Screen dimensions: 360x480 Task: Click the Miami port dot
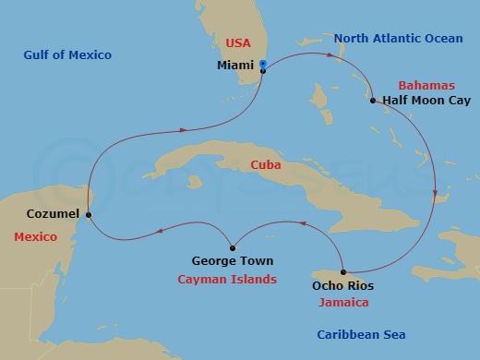tap(263, 71)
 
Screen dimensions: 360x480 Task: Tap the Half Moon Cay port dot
tap(373, 101)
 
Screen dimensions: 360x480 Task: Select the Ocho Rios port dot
tap(343, 271)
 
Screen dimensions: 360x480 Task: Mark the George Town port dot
tap(232, 246)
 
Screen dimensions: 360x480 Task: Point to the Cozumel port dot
tap(89, 215)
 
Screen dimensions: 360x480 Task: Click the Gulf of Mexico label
tap(67, 55)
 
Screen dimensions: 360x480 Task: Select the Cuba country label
tap(265, 165)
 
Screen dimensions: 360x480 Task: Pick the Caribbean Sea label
tap(361, 334)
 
